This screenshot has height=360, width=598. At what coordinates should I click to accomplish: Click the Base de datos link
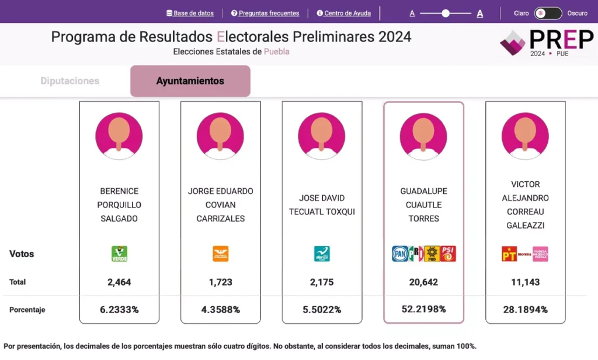[x=190, y=13]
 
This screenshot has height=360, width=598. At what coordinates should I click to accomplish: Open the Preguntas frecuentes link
[x=265, y=13]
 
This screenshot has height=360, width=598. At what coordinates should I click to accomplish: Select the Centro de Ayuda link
[x=344, y=13]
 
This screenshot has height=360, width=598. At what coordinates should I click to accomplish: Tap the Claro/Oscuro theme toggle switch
[x=548, y=13]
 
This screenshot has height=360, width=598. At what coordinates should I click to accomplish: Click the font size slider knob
[x=446, y=13]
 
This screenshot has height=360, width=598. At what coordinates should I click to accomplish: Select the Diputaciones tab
[x=70, y=81]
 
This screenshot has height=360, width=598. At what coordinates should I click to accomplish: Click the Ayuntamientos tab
[x=190, y=81]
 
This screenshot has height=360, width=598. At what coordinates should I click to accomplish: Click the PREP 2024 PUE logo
[x=547, y=42]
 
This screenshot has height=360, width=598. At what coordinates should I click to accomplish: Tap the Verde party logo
[x=119, y=254]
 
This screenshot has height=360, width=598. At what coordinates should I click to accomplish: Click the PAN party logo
[x=399, y=254]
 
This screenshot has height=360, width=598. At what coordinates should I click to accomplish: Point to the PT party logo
[x=509, y=254]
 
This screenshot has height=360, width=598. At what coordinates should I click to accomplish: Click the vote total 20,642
[x=423, y=282]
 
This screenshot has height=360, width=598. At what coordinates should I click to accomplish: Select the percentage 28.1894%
[x=525, y=310]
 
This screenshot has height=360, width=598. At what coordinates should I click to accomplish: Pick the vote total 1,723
[x=220, y=282]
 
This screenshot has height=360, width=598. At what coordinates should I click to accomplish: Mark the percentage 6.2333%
[x=119, y=310]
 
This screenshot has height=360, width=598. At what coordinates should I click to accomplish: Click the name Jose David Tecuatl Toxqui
[x=322, y=205]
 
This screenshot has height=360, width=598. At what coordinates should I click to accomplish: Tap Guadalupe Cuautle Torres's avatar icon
[x=423, y=136]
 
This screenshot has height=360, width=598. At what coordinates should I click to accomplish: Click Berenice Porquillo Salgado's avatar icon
[x=119, y=136]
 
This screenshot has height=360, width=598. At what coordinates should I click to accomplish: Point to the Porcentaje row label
[x=27, y=310]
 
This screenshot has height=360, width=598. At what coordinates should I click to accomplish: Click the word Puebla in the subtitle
[x=277, y=51]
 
